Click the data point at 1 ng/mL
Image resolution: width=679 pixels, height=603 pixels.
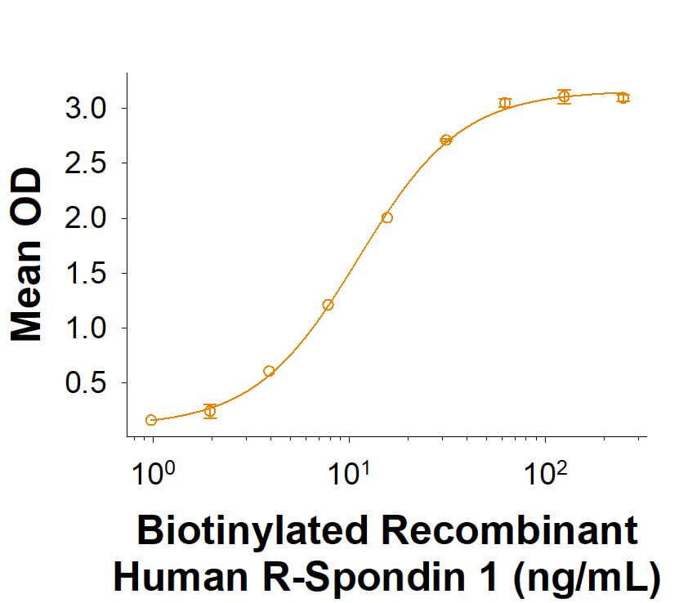(151, 420)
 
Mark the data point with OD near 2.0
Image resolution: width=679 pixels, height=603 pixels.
(387, 217)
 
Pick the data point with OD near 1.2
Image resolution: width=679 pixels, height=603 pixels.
(328, 305)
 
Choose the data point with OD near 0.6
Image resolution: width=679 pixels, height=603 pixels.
(269, 371)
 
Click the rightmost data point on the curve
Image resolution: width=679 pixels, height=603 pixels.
(623, 97)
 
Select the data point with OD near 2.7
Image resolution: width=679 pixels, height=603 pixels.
(446, 140)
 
